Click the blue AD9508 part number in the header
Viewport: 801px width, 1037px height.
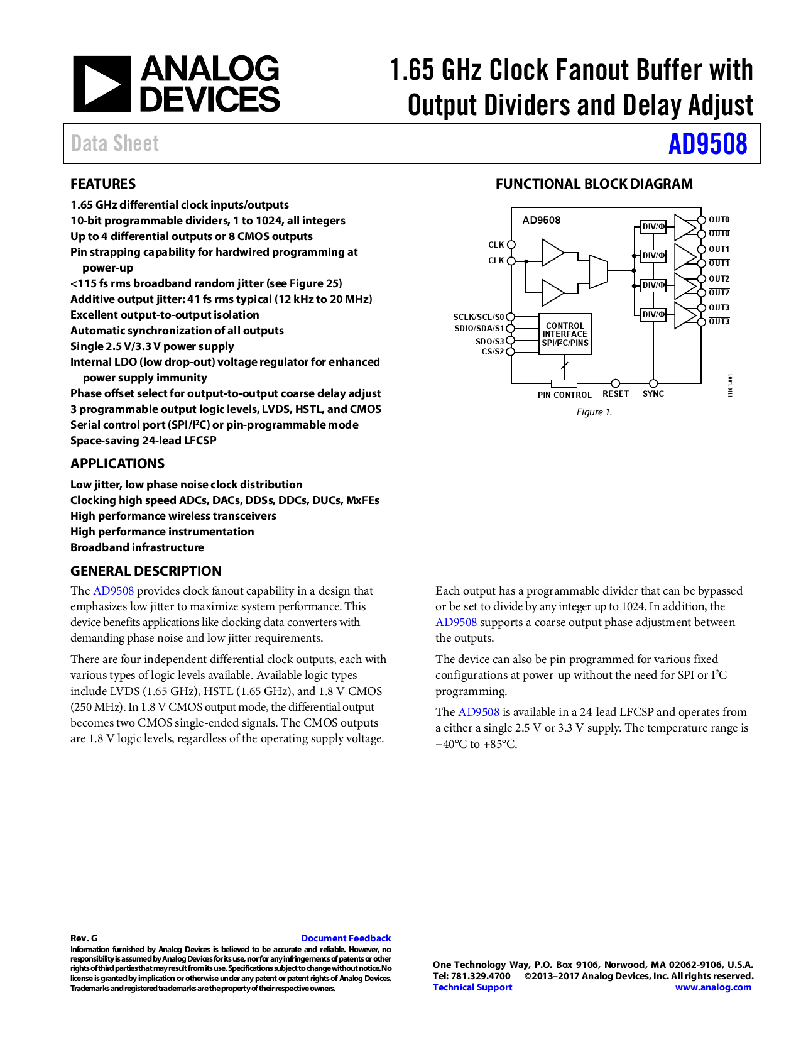point(707,144)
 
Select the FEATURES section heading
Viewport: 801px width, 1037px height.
point(103,184)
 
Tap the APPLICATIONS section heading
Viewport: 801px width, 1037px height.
point(117,464)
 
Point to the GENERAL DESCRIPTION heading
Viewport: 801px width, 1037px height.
point(146,571)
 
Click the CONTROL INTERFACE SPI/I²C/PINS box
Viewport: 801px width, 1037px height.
point(565,334)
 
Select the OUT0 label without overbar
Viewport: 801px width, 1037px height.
point(719,220)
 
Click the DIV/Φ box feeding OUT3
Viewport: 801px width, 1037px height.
point(653,314)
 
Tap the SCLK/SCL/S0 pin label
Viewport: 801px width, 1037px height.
point(479,317)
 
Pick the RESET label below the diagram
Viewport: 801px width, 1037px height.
point(615,394)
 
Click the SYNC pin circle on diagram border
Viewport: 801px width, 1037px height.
point(653,383)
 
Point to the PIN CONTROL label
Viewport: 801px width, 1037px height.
point(564,395)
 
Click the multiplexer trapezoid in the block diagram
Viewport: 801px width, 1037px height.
point(598,271)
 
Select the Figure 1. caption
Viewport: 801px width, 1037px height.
point(594,412)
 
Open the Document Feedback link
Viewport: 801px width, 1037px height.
point(346,938)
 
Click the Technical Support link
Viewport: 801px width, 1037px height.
point(472,987)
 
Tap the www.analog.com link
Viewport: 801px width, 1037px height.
point(713,987)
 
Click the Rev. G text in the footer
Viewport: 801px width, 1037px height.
point(84,938)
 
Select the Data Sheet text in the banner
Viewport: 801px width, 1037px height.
point(115,144)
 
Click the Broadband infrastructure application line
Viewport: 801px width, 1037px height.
point(137,547)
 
